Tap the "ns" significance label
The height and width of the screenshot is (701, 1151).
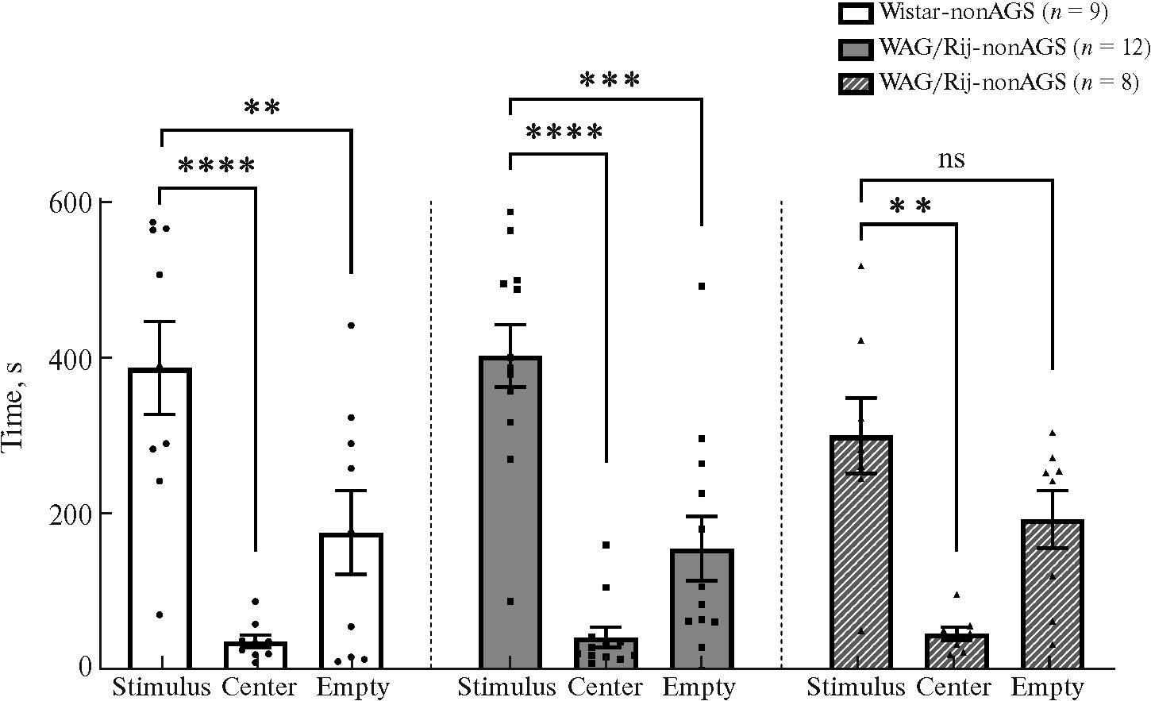(x=951, y=160)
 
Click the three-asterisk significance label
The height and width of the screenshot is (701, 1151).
(x=609, y=80)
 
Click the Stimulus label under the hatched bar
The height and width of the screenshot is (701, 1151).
(x=857, y=688)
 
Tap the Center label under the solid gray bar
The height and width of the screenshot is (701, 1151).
(x=605, y=688)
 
